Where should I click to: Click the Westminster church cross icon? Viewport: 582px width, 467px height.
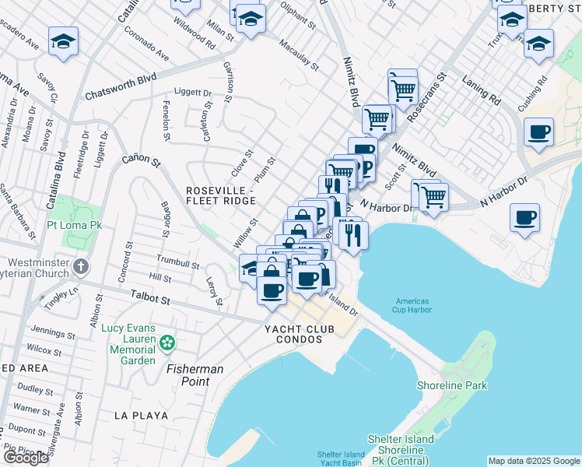pyautogui.click(x=80, y=267)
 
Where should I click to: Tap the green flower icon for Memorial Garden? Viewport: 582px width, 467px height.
pyautogui.click(x=167, y=342)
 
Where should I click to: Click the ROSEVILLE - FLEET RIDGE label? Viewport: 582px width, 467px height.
pyautogui.click(x=220, y=195)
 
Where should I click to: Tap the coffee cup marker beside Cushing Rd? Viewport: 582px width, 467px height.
pyautogui.click(x=538, y=132)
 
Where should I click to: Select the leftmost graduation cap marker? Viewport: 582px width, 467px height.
pyautogui.click(x=63, y=41)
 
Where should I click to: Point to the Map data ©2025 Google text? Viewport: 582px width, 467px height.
pyautogui.click(x=533, y=460)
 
